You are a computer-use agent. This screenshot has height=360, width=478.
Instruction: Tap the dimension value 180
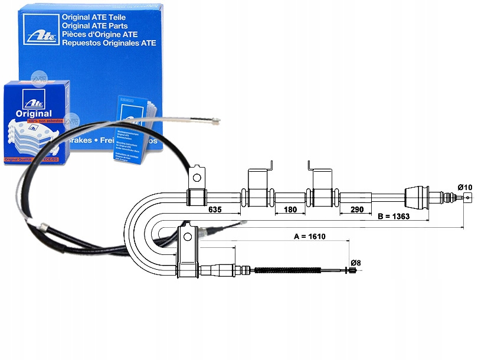[290, 208]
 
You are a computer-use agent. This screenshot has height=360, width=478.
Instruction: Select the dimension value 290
[356, 208]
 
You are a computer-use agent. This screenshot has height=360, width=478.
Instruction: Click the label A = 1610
[310, 236]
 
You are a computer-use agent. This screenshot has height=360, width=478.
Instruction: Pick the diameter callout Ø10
[465, 188]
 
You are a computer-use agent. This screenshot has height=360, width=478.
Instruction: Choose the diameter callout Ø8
[355, 263]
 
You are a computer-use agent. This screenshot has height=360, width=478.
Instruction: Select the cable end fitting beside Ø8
[351, 271]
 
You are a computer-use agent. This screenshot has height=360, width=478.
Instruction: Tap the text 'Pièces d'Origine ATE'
[98, 35]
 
